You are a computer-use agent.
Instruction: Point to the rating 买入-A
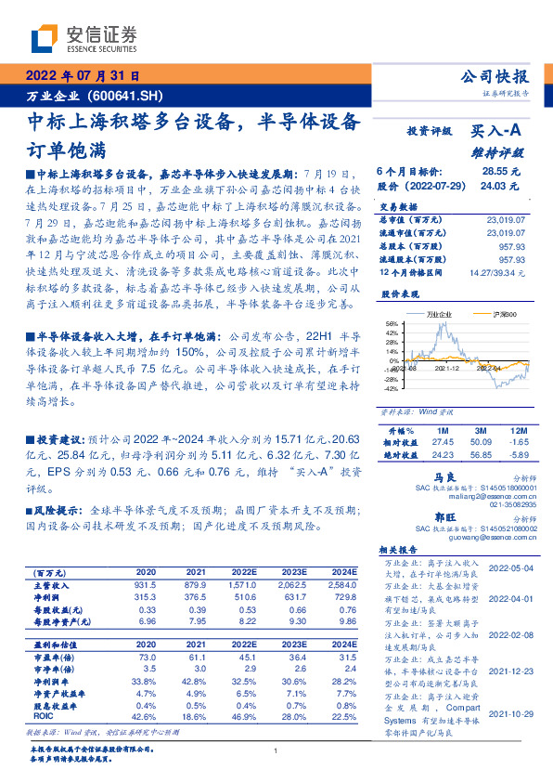coord(497,133)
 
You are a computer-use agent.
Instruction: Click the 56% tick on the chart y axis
coord(392,324)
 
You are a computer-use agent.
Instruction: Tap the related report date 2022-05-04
coord(511,567)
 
